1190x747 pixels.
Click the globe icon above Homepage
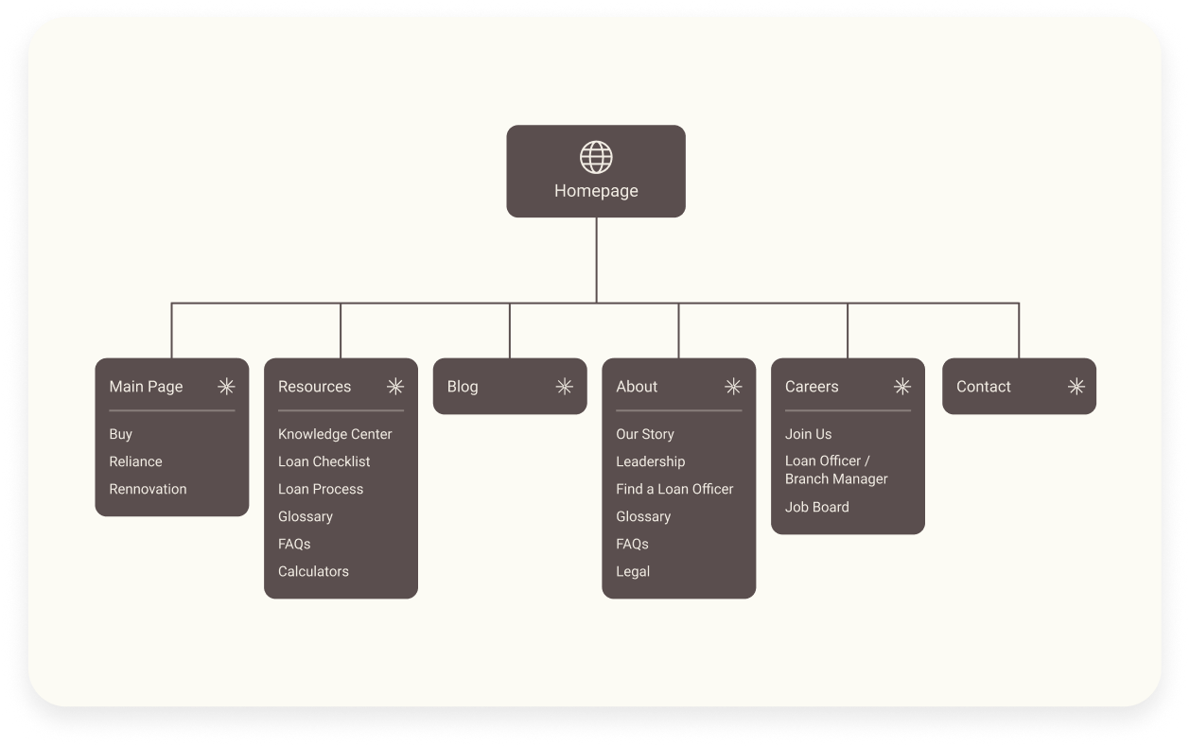pos(596,157)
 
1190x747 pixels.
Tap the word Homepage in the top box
pos(596,191)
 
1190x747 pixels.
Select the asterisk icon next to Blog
pos(564,387)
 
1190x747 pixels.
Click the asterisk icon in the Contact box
pos(1076,387)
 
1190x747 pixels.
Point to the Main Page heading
pos(146,387)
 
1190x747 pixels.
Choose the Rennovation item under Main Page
pos(148,489)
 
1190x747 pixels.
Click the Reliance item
pos(135,461)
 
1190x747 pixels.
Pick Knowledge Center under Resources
pos(335,434)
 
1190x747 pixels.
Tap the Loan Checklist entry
pos(324,461)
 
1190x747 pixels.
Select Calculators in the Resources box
pos(313,571)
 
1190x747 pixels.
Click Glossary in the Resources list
pos(306,516)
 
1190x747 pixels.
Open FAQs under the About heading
pos(632,544)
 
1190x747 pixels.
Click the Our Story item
pos(645,434)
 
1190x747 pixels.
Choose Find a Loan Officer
pos(674,489)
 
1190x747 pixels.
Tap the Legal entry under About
pos(633,571)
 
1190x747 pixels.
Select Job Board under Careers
pos(817,507)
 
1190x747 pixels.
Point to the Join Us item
pos(808,434)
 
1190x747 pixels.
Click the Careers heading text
pos(812,387)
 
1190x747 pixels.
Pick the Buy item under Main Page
pos(120,434)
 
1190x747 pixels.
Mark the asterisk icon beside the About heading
pos(733,387)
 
